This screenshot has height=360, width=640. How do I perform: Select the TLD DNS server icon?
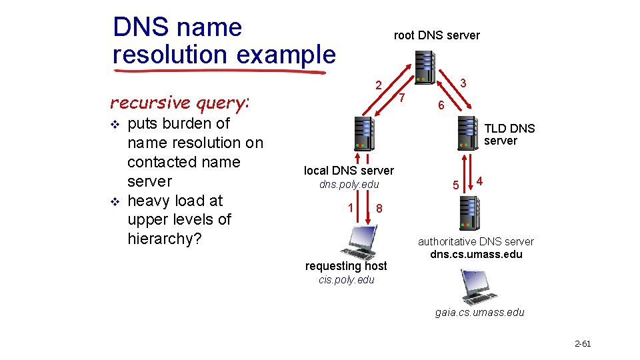pos(467,133)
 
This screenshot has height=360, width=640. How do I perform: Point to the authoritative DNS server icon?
pos(467,213)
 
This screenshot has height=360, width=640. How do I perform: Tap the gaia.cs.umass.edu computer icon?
pos(478,287)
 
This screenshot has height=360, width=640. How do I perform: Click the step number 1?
pos(351,207)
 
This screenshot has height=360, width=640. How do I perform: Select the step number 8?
pos(379,209)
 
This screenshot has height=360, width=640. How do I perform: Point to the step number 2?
pos(378,85)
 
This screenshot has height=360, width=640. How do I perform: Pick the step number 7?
pos(402,99)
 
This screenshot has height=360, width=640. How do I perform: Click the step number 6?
pos(441,106)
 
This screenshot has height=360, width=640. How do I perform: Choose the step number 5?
pos(456,185)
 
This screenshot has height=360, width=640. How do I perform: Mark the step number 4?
pos(480,181)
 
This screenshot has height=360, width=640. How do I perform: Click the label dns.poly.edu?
pos(349,184)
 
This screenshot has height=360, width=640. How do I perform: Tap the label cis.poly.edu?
pos(347,280)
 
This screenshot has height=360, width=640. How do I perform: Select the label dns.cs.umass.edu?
pos(476,254)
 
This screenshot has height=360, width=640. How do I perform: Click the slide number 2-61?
pos(583,344)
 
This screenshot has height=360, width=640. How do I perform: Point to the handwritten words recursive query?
pos(179,103)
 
